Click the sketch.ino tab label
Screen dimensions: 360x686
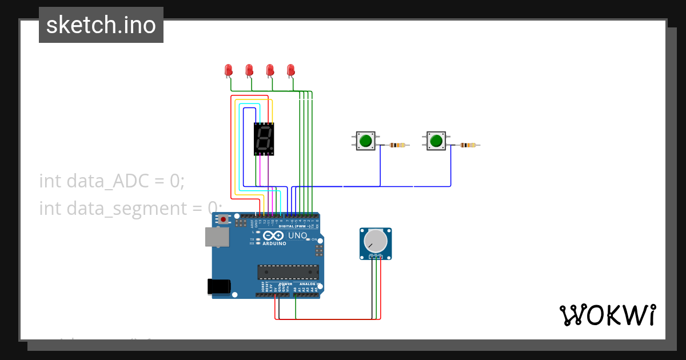pos(101,25)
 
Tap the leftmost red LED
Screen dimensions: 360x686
pos(229,70)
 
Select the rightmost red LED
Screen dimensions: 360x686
pos(290,70)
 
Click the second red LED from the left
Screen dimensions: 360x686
pos(249,70)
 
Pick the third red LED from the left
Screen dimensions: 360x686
pos(270,70)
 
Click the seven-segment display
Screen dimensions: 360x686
pos(264,139)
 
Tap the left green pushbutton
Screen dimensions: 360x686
pos(366,140)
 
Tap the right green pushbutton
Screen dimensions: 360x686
pos(436,140)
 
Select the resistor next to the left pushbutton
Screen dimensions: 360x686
pos(398,145)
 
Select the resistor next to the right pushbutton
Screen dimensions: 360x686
pos(468,145)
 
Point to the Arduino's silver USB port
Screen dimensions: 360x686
pos(217,237)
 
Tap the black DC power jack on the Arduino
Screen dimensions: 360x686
pos(218,286)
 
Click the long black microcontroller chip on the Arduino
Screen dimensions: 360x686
pos(288,272)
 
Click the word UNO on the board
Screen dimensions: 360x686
pos(297,235)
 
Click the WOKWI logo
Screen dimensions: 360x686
pos(607,315)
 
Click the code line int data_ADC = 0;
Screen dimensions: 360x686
pos(112,181)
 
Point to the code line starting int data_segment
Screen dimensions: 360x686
pos(129,208)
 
